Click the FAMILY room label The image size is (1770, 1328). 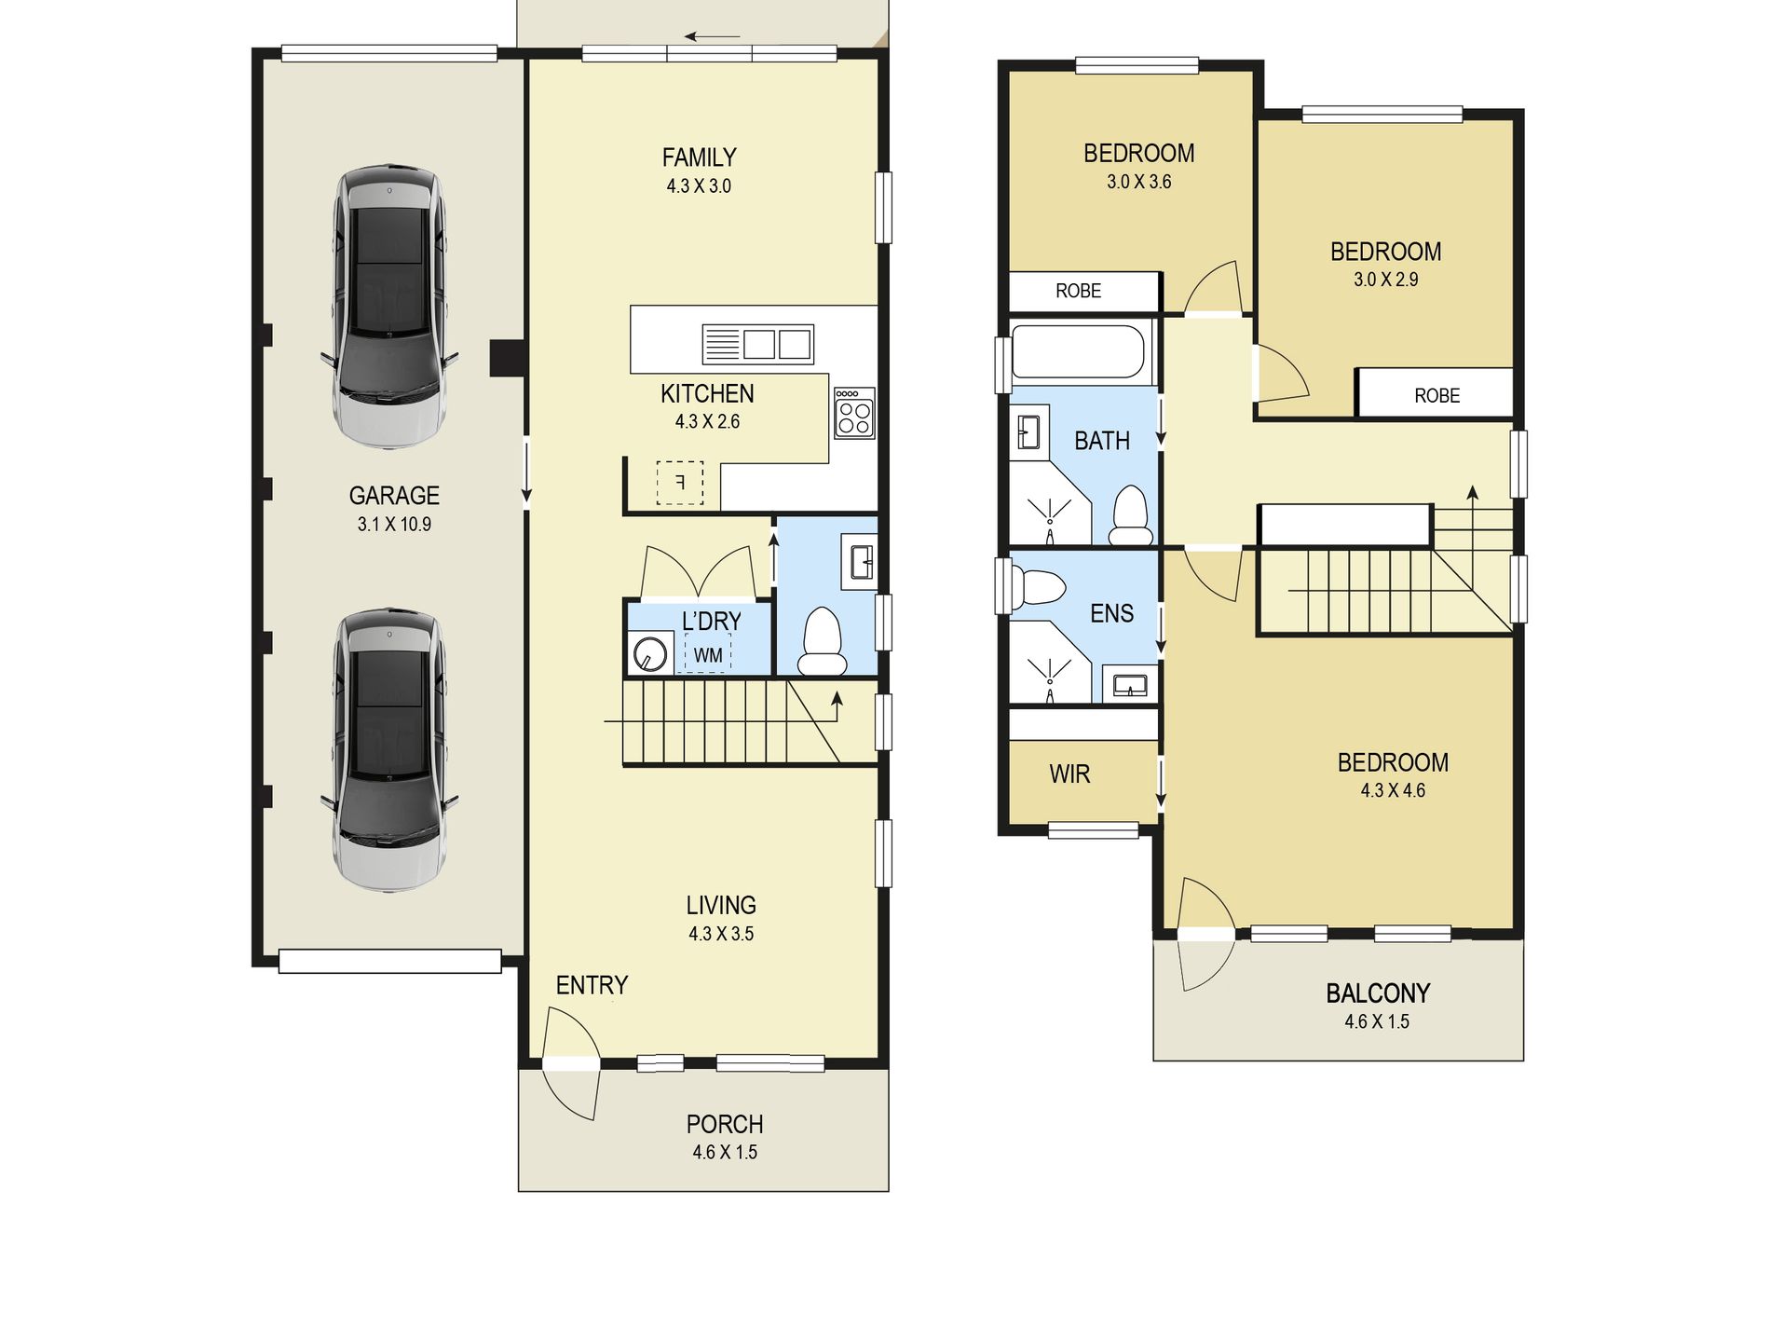[699, 157]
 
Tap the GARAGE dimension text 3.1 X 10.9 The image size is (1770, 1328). [394, 525]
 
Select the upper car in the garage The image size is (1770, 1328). [389, 307]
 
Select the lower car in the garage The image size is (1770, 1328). [389, 750]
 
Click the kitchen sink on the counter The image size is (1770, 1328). [757, 344]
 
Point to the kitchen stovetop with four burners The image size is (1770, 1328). [854, 413]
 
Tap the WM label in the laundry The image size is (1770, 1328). [708, 655]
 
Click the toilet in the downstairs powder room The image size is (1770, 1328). [823, 641]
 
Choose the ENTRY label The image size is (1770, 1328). [592, 985]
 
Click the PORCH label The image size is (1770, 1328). [725, 1124]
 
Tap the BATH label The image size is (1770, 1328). [1102, 441]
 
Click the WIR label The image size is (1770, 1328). [1069, 774]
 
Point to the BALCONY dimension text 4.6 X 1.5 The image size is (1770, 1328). [1377, 1022]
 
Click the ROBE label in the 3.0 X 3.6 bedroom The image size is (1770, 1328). [1079, 291]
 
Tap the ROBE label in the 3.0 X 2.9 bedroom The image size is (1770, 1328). [1437, 396]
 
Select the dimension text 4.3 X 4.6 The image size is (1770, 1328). [1393, 791]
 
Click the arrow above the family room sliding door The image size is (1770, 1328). [713, 37]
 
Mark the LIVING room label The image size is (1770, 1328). [721, 905]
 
